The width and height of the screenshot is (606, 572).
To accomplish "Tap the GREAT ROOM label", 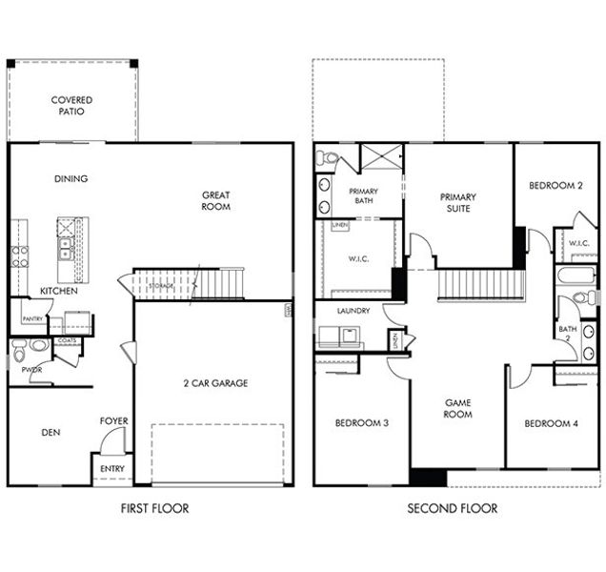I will coord(215,200).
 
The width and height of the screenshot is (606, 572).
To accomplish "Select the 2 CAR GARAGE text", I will coord(215,383).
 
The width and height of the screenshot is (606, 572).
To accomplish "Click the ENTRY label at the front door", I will coord(112,469).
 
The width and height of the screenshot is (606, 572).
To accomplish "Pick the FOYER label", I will coord(114,420).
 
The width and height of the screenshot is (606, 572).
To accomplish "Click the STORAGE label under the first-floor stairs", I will coord(160,285).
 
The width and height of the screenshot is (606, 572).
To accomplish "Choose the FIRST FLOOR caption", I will coord(154,509).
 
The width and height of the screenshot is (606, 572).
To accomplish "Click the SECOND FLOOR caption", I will coord(452,509).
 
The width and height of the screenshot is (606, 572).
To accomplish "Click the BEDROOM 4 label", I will coord(551,423).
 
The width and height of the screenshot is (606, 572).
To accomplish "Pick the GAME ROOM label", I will coord(458,409).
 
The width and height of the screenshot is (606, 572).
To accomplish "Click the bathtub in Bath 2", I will coord(576,277).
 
